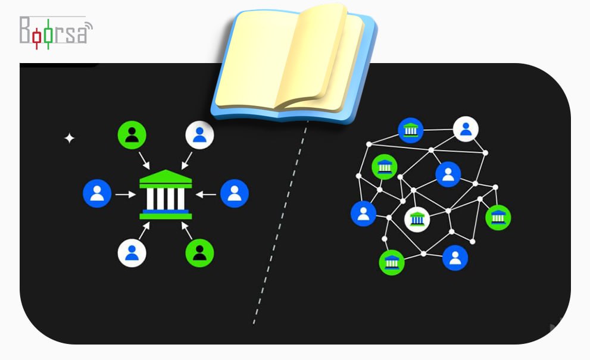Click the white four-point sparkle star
70,139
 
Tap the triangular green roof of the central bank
166,178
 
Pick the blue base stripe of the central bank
166,211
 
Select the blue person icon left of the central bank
97,193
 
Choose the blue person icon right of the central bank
235,193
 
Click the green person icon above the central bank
132,135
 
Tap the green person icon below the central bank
199,252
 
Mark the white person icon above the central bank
199,135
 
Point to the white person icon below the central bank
132,252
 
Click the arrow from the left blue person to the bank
125,194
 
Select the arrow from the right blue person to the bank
206,194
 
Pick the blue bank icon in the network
411,130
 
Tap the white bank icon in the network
417,220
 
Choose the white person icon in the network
466,129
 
